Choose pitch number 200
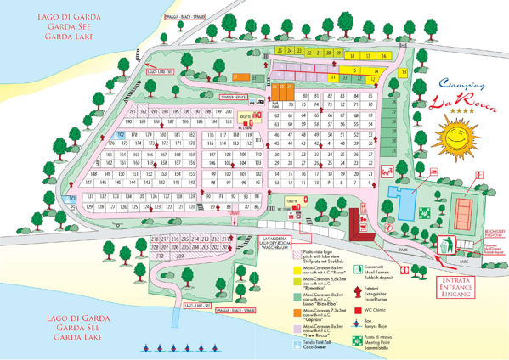(228, 112)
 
